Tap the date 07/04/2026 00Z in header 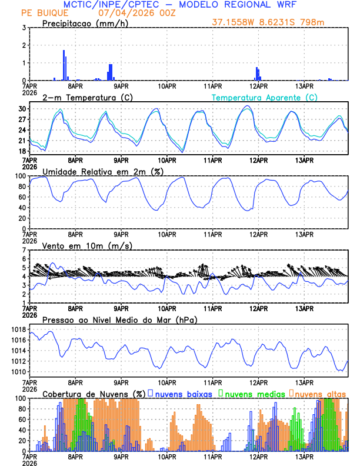pos(135,12)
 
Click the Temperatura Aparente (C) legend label pos(264,97)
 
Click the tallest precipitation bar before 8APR pos(64,65)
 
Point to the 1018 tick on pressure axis pos(18,329)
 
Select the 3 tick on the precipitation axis pos(24,28)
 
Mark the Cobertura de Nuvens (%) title pos(94,393)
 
